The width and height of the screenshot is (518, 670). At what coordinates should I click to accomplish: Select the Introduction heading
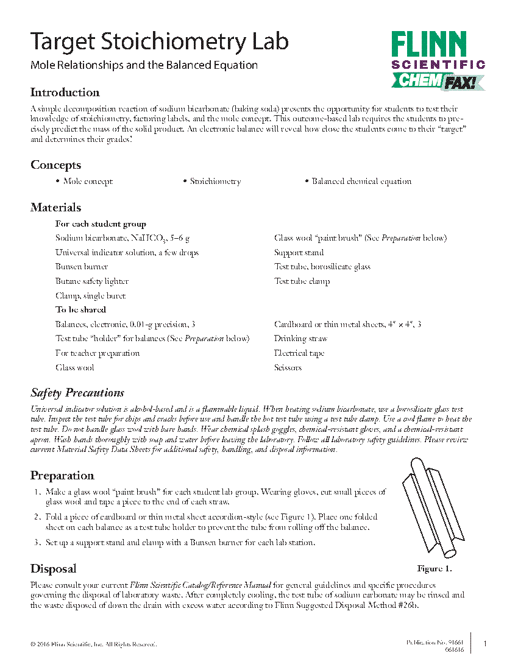[x=65, y=93]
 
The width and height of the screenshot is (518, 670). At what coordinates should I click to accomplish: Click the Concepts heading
[x=55, y=165]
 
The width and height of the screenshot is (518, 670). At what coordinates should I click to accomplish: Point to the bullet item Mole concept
[x=88, y=182]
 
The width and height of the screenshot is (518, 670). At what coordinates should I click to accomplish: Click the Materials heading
[x=55, y=208]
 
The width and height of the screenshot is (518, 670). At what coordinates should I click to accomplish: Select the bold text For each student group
[x=101, y=224]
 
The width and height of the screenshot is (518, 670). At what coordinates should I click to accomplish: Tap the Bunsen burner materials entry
[x=82, y=267]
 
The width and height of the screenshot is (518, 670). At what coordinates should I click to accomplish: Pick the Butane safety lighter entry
[x=92, y=281]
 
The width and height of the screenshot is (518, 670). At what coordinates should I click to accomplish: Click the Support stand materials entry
[x=299, y=252]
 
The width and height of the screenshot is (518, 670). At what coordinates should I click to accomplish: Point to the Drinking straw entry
[x=300, y=339]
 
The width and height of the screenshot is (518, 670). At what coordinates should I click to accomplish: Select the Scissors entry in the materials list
[x=288, y=368]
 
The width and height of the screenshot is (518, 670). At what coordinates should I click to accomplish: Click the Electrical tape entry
[x=299, y=353]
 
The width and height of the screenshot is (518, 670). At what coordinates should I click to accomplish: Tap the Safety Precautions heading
[x=77, y=393]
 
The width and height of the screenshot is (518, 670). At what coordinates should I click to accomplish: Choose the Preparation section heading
[x=62, y=476]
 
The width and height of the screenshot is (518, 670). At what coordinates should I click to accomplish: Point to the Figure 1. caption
[x=434, y=569]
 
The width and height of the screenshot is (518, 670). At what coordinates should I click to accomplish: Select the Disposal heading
[x=54, y=569]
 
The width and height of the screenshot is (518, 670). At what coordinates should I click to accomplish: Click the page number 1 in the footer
[x=484, y=644]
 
